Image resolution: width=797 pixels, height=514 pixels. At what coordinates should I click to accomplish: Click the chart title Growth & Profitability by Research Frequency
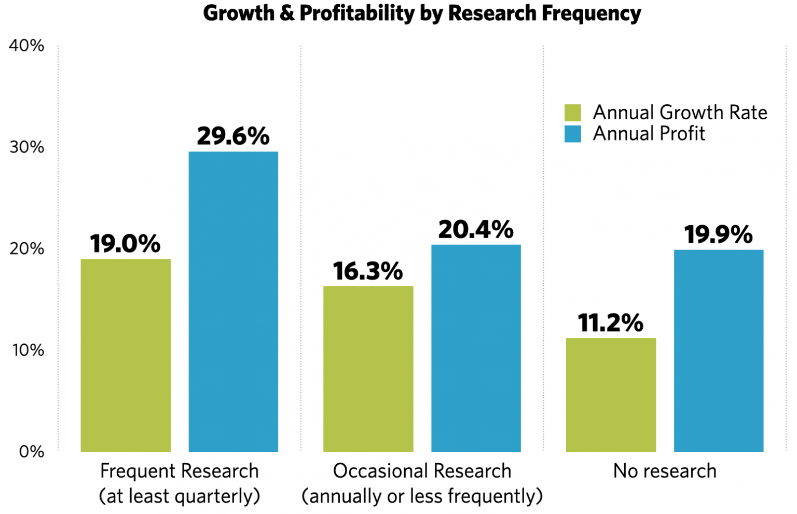coord(421,13)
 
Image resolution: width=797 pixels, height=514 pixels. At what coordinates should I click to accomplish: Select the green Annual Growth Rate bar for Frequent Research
coord(126,355)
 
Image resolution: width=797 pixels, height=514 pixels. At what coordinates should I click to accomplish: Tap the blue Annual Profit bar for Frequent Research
coord(233,301)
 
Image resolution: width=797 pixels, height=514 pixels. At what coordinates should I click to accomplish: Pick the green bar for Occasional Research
coord(368,369)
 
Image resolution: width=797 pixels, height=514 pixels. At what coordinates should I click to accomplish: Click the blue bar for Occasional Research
coord(476,348)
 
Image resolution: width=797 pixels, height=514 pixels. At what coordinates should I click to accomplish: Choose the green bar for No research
coord(611,395)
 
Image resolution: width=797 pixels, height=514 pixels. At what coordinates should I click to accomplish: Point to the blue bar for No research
coord(719,351)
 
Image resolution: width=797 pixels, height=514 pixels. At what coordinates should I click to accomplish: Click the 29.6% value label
coord(233,136)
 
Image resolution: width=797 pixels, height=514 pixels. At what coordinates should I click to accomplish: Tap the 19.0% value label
coord(125,243)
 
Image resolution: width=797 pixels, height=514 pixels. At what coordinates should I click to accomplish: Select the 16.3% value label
coord(368,271)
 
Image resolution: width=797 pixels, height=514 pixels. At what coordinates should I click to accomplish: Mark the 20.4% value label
coord(476,229)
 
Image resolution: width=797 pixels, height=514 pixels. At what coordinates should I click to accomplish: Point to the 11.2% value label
coord(611,323)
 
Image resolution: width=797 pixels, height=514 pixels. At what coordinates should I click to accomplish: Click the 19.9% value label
coord(719,234)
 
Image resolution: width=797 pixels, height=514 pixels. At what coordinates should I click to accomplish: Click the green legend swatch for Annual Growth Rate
coord(572,113)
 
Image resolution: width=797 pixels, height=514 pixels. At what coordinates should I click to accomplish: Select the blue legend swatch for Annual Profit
coord(572,134)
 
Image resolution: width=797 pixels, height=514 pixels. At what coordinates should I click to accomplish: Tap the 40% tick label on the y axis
coord(26,46)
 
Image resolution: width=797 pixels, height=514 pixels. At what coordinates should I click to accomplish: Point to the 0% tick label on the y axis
coord(31,452)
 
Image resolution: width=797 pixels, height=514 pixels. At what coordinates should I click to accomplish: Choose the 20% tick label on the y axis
coord(26,248)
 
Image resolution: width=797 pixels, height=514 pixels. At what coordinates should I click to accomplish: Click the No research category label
coord(665,471)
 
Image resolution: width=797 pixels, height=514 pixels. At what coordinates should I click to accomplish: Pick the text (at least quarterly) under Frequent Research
coord(180,496)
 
